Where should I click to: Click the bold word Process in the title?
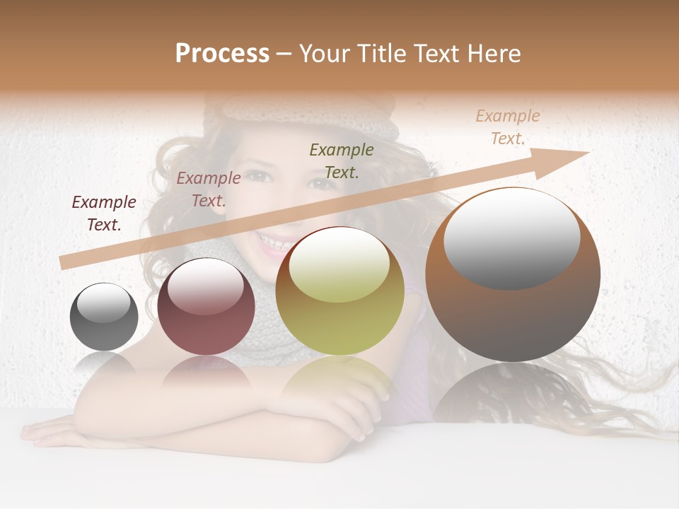(222, 54)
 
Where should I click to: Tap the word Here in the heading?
(493, 54)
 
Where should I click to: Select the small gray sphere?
(104, 317)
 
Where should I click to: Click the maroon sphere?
(206, 307)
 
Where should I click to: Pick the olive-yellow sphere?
(340, 291)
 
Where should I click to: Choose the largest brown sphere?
(513, 274)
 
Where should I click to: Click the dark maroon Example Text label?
(104, 213)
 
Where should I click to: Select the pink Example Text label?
(209, 189)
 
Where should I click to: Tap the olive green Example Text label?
(342, 160)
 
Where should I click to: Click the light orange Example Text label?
(508, 127)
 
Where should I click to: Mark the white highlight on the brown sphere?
(511, 238)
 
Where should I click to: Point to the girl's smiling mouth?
(274, 243)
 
